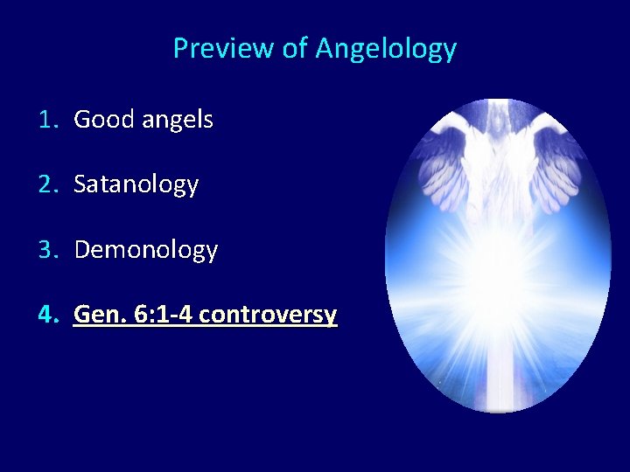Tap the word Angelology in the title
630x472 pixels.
[x=386, y=48]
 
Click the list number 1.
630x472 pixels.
[x=47, y=120]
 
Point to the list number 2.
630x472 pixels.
[x=47, y=184]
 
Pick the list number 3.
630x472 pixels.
[x=47, y=250]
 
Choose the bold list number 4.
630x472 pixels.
[x=47, y=315]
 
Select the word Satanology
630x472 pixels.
[x=136, y=185]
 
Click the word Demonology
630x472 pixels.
[x=146, y=251]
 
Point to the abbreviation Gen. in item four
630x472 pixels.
[x=100, y=315]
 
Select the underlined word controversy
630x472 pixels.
[x=268, y=316]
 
